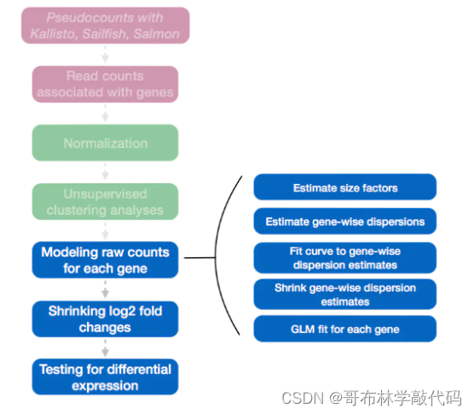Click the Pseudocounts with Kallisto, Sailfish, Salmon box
click(106, 25)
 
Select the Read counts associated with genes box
click(106, 84)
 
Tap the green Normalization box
click(106, 143)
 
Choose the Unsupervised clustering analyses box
click(106, 202)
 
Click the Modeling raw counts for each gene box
click(106, 260)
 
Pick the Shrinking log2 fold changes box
click(106, 319)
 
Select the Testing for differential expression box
click(106, 377)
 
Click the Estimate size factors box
click(344, 187)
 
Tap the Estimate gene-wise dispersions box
click(344, 222)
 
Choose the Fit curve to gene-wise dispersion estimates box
click(344, 257)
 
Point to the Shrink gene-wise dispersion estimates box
click(344, 294)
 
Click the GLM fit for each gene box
click(344, 329)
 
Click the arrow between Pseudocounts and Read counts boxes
click(106, 55)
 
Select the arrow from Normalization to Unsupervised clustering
click(106, 172)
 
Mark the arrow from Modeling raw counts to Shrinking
click(106, 289)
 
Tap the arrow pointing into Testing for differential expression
click(106, 348)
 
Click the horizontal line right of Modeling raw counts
click(201, 257)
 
